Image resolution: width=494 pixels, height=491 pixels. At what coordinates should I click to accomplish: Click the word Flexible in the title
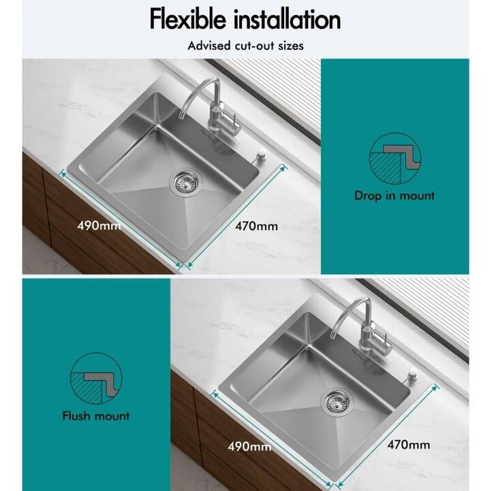[x=188, y=19]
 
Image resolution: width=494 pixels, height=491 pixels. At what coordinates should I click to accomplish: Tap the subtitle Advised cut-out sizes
[x=245, y=46]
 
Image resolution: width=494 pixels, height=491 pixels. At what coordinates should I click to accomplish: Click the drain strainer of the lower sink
[x=336, y=402]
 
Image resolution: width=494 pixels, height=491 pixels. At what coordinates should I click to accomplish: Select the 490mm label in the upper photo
[x=99, y=225]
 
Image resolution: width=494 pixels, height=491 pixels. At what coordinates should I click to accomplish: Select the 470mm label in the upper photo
[x=256, y=226]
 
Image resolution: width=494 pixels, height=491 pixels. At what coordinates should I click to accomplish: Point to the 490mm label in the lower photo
[x=249, y=447]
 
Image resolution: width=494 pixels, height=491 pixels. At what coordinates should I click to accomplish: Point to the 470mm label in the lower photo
[x=409, y=445]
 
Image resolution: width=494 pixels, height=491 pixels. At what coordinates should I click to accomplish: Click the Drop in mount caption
[x=395, y=195]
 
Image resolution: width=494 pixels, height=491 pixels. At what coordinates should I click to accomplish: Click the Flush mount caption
[x=96, y=415]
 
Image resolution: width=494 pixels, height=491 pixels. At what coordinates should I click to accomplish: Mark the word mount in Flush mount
[x=112, y=416]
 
